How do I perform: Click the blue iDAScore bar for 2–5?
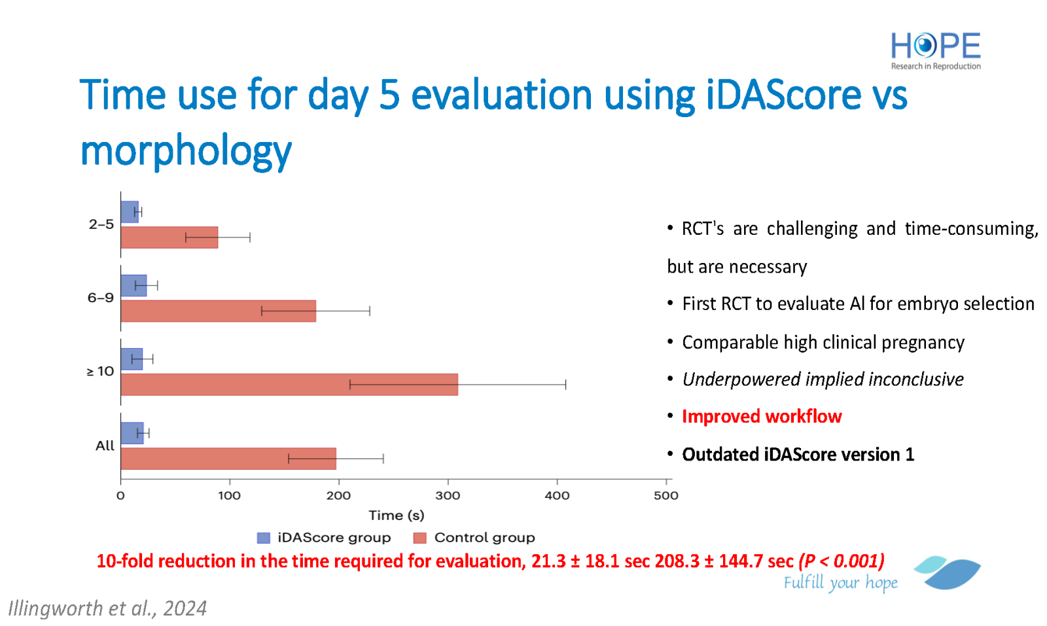point(130,212)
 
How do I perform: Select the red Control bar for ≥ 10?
point(289,385)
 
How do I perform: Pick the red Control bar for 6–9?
point(219,311)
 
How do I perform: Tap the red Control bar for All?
point(228,459)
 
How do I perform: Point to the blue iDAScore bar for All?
point(132,433)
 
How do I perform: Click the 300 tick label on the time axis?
point(448,496)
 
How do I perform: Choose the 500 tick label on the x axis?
point(666,496)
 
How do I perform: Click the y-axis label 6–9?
point(101,298)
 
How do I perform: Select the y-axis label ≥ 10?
point(101,372)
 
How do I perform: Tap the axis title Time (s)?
point(397,515)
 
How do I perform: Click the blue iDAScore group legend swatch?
point(264,538)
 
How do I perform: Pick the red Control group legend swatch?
point(420,538)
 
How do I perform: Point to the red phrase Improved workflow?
point(762,416)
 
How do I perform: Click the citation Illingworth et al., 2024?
point(107,608)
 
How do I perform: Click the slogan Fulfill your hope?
point(840,583)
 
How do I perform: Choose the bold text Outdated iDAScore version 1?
point(798,455)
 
